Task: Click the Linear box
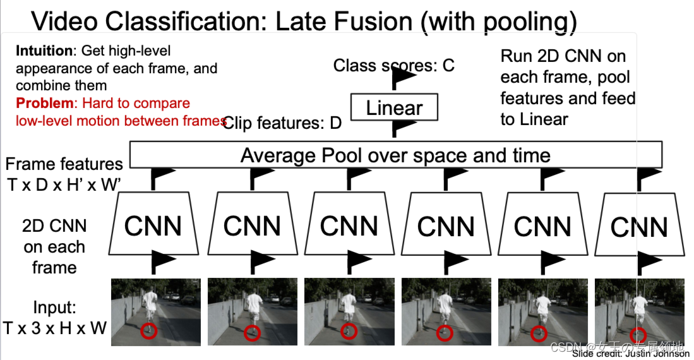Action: tap(395, 108)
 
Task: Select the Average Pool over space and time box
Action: tap(395, 155)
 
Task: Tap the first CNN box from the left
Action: tap(153, 225)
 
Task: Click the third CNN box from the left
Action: tap(349, 225)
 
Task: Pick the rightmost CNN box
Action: tap(640, 225)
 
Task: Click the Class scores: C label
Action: tap(393, 65)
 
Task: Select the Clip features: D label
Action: tap(282, 123)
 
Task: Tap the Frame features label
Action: tap(64, 164)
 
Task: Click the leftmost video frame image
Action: tap(156, 311)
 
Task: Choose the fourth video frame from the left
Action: tap(446, 311)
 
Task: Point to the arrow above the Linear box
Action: tap(402, 78)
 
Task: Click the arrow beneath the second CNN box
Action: tap(259, 260)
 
